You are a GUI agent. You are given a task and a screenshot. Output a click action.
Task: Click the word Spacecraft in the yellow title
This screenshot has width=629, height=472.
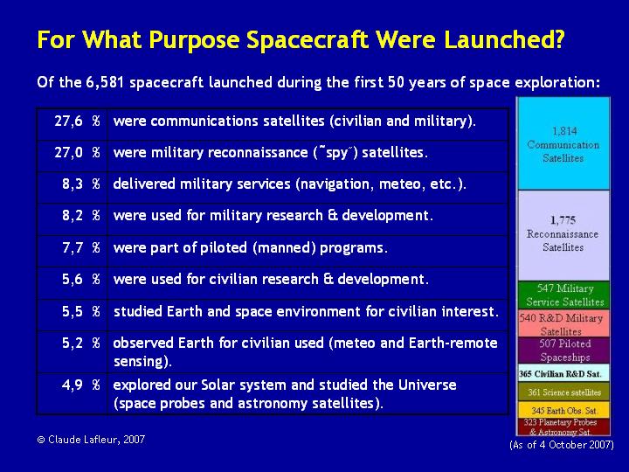point(307,39)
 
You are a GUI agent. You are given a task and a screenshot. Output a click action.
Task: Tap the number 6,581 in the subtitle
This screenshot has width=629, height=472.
point(105,83)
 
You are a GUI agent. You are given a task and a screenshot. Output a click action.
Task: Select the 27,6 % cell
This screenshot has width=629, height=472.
point(72,124)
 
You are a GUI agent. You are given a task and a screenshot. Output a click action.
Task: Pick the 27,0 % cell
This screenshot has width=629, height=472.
point(72,156)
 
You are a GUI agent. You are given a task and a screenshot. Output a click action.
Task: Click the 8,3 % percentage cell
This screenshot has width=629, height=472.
point(72,188)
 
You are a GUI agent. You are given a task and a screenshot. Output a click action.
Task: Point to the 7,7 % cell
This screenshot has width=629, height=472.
point(72,251)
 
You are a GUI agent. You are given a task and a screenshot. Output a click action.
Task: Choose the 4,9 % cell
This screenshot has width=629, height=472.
point(72,393)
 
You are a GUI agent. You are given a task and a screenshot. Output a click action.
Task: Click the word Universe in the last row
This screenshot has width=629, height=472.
point(427,385)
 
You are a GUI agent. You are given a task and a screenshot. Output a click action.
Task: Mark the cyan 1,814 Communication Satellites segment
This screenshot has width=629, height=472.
point(563,143)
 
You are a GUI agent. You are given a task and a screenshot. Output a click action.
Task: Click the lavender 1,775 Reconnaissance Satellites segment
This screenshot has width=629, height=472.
point(563,236)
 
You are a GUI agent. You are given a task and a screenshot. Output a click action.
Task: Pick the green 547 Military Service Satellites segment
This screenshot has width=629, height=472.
point(563,295)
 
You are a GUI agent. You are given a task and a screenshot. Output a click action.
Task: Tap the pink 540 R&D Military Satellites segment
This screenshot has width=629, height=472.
point(563,323)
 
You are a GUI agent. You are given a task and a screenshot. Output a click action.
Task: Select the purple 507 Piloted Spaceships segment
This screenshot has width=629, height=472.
point(563,351)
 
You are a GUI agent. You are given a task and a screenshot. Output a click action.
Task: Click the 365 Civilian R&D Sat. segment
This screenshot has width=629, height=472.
point(563,373)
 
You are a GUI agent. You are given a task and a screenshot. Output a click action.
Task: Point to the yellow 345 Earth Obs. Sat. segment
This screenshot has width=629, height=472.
point(563,410)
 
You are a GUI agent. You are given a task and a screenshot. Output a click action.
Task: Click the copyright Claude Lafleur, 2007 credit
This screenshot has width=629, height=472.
point(91,440)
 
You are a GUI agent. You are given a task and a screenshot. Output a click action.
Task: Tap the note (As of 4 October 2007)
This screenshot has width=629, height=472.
point(562,445)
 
